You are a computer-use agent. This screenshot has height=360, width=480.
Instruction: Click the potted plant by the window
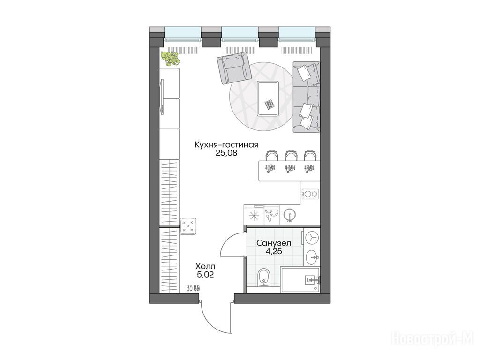(x=171, y=58)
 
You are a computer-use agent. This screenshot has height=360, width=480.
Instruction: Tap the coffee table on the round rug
(x=268, y=98)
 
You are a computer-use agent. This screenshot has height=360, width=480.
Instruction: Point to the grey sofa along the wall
(x=307, y=97)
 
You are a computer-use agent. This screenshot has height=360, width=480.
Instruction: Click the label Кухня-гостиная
(x=226, y=144)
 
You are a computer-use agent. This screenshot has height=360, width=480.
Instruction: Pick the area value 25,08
(x=226, y=153)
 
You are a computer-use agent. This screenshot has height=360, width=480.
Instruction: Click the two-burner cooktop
(x=310, y=194)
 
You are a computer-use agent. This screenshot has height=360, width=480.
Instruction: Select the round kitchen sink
(x=290, y=215)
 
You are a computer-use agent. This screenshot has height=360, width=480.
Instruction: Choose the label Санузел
(x=274, y=243)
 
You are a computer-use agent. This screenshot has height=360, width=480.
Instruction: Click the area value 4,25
(x=274, y=252)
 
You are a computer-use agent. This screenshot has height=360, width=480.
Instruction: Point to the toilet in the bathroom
(x=263, y=277)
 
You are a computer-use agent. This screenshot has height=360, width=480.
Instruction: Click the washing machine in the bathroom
(x=312, y=238)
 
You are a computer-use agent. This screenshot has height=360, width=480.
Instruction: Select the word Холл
(x=205, y=266)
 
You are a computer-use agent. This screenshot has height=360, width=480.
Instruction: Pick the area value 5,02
(x=205, y=275)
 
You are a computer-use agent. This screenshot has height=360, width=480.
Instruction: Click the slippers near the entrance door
(x=193, y=288)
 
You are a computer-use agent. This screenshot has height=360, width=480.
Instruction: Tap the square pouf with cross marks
(x=188, y=226)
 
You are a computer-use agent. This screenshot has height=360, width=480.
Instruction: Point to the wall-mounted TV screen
(x=162, y=96)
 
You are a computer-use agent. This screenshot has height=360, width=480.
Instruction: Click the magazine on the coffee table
(x=270, y=105)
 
